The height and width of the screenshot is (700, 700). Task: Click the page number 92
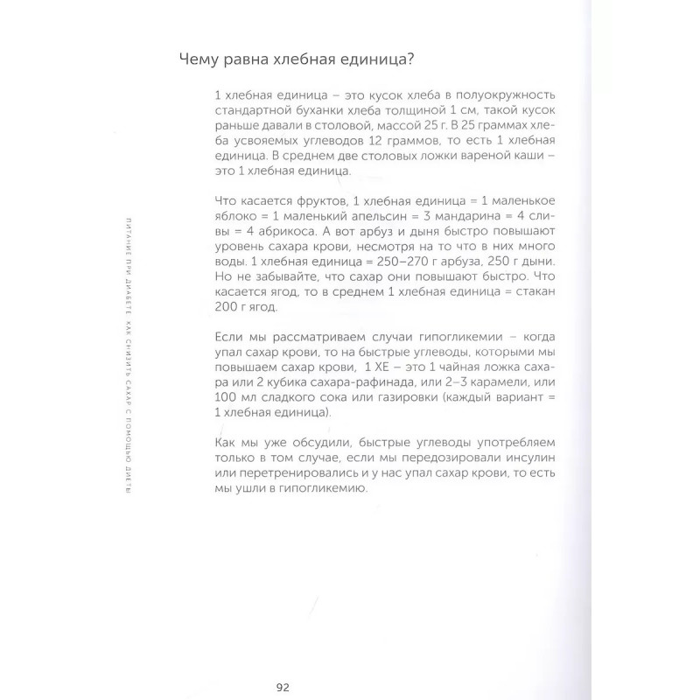pyautogui.click(x=283, y=685)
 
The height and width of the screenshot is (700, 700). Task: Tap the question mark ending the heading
pyautogui.click(x=410, y=59)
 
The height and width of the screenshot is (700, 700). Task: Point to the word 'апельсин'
pyautogui.click(x=359, y=215)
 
